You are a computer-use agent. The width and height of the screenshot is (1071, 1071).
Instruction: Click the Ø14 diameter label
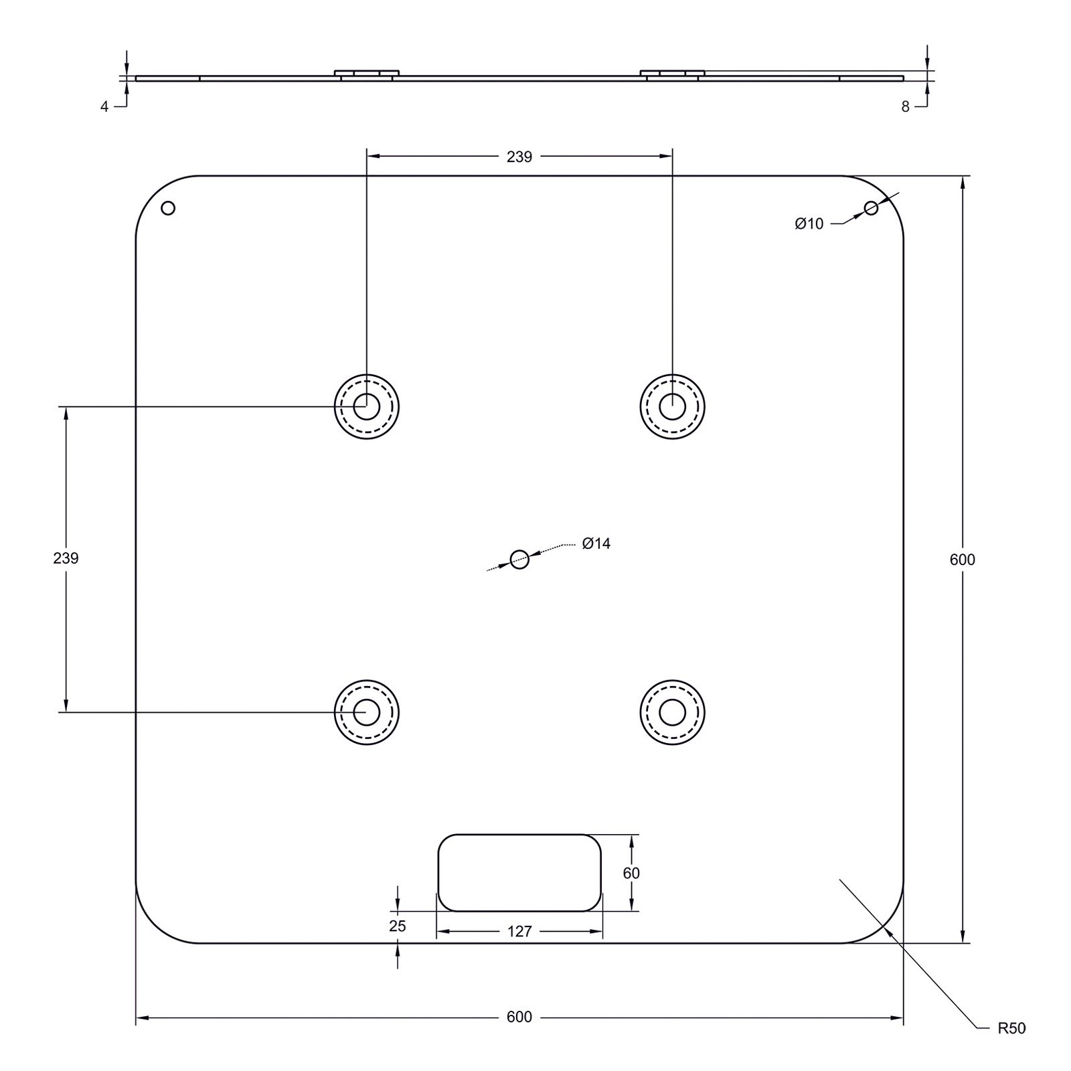point(596,544)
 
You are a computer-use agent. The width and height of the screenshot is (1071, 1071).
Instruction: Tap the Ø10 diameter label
point(809,224)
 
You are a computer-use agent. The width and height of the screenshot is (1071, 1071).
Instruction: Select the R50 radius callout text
point(1011,1028)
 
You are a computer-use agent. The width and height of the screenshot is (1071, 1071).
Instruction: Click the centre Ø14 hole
point(519,559)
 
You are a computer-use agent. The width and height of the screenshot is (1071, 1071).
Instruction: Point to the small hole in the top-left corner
point(169,208)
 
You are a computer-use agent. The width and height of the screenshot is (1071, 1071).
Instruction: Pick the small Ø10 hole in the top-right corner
point(871,208)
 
